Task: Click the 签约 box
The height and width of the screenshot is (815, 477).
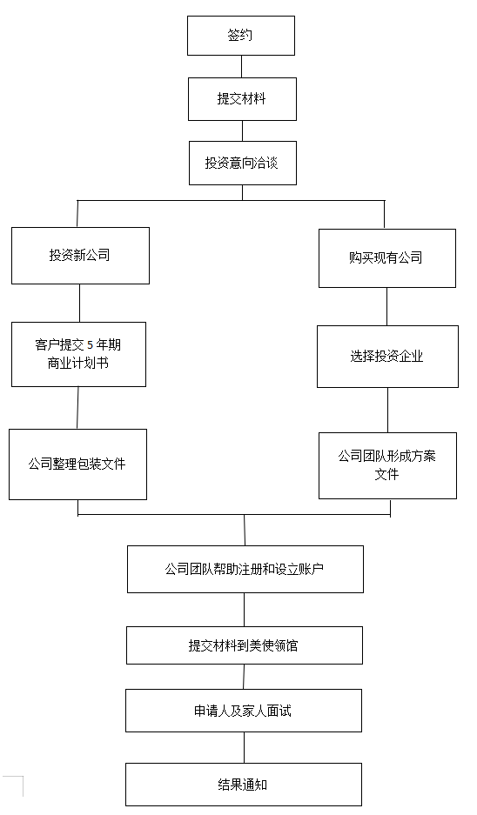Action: (x=241, y=36)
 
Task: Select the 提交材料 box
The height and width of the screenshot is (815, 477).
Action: (x=242, y=99)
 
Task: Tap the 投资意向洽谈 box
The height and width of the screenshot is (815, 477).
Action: (x=242, y=164)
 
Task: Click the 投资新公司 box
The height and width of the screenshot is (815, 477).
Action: (x=80, y=256)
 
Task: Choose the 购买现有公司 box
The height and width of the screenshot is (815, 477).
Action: (x=387, y=258)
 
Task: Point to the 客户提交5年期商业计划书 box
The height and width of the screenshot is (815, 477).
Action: (x=78, y=355)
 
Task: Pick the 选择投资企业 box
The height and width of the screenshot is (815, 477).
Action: (x=387, y=357)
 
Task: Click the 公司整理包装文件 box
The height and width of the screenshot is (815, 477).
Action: (x=77, y=464)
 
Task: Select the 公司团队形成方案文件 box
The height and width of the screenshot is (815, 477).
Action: (x=387, y=465)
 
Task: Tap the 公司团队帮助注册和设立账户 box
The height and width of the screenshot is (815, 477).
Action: (x=245, y=569)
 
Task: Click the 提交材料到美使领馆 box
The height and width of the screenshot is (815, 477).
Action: (x=244, y=645)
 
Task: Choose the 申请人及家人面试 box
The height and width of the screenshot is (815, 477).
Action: (x=244, y=711)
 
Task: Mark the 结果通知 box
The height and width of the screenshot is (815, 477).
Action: (x=244, y=785)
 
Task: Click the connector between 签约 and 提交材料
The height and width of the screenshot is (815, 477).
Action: (x=241, y=66)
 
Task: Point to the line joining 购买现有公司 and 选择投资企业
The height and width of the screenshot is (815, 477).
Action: (x=386, y=307)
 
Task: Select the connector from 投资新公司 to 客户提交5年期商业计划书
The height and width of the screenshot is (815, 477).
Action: (x=79, y=303)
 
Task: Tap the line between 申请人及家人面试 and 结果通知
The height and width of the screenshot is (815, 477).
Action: (x=244, y=747)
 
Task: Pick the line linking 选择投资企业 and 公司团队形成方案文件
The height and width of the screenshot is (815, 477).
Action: (x=387, y=410)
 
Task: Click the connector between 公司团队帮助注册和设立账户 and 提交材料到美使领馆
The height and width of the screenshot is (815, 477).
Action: (x=244, y=610)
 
